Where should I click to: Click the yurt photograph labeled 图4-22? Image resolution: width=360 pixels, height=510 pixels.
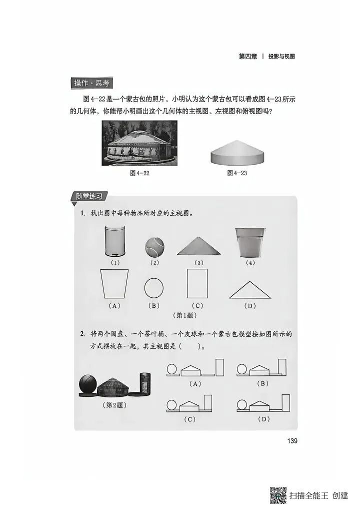[139, 143]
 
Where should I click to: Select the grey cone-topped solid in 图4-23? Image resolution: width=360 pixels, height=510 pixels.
[237, 152]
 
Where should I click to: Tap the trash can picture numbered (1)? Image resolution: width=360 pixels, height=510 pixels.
[115, 241]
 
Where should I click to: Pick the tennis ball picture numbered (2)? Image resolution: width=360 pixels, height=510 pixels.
[154, 247]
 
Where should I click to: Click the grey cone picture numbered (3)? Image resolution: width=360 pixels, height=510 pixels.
[199, 246]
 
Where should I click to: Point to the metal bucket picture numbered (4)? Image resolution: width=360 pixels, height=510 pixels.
[250, 242]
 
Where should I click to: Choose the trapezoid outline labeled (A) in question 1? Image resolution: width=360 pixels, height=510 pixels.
[114, 283]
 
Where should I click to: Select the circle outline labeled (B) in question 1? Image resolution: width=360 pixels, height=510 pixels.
[153, 288]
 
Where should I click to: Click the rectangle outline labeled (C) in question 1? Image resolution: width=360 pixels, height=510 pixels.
[197, 283]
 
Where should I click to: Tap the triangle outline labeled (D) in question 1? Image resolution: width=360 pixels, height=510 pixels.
[250, 290]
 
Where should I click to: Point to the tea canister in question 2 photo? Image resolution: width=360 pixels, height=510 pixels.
[145, 384]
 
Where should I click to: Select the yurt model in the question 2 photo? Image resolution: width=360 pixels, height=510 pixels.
[112, 387]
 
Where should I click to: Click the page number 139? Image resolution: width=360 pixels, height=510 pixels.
[292, 441]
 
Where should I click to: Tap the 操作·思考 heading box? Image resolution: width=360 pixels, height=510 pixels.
[91, 83]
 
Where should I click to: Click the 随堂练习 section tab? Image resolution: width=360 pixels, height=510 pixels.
[88, 197]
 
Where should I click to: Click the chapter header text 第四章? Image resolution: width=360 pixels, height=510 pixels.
[248, 56]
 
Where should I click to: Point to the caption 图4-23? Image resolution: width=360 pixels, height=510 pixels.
[237, 173]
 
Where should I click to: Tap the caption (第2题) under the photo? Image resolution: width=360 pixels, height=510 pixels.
[114, 405]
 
